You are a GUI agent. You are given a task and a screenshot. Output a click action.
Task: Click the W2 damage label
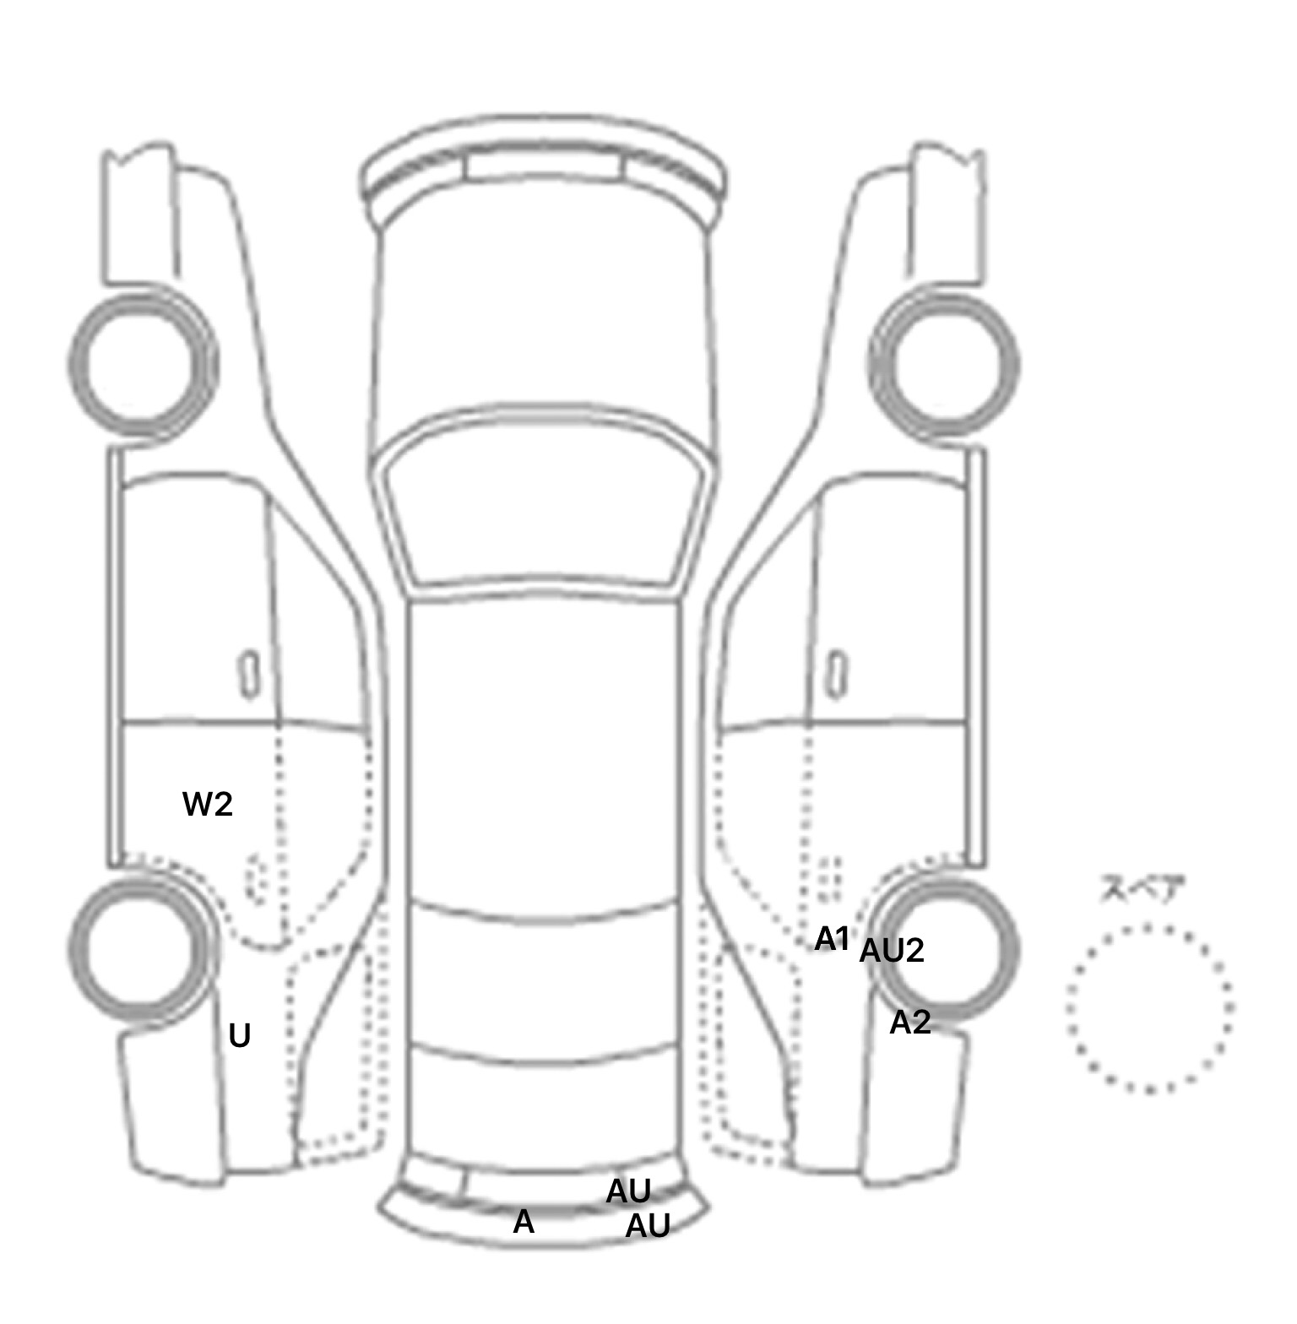(207, 805)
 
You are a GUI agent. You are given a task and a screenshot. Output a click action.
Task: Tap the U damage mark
(240, 1036)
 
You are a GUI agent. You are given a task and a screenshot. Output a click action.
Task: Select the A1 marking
(832, 938)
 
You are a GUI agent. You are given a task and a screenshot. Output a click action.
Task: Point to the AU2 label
(892, 952)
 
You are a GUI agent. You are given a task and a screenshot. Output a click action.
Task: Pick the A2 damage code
(910, 1023)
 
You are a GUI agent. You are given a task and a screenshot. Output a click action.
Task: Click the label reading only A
(524, 1222)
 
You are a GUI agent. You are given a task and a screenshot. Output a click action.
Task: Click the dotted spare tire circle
(1150, 1009)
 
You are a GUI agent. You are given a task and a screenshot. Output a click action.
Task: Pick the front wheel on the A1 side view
(945, 363)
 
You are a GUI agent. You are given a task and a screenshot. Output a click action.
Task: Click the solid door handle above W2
(250, 674)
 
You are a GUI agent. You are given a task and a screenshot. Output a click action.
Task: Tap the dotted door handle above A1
(831, 879)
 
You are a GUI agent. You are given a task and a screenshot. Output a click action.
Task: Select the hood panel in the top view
(544, 321)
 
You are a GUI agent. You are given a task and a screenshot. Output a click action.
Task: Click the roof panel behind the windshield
(544, 752)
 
